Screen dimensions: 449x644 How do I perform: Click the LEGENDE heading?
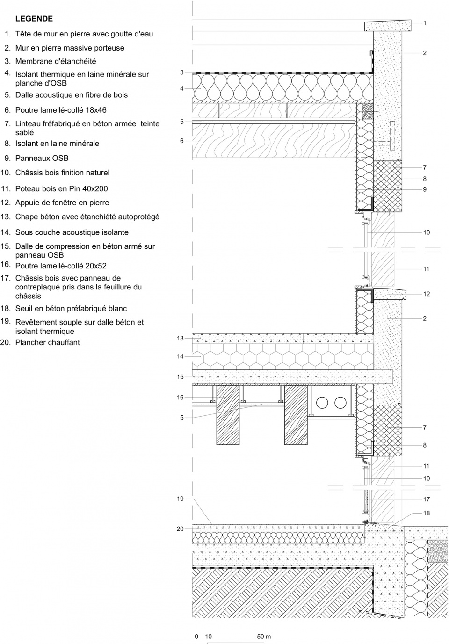coord(34,19)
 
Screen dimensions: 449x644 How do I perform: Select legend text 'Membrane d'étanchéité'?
coord(56,61)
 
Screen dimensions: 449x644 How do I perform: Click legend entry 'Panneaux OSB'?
coord(42,158)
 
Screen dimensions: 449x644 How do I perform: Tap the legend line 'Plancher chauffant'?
coord(48,342)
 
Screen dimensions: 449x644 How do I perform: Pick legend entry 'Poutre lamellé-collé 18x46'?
coord(61,110)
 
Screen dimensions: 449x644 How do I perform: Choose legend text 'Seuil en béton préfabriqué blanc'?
coord(71,309)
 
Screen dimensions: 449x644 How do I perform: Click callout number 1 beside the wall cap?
coord(425,23)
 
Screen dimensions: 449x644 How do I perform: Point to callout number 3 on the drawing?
coord(181,72)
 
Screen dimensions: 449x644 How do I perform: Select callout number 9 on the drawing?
coord(425,189)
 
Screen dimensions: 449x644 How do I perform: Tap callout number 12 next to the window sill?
coord(426,294)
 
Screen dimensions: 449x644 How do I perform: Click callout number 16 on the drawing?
coord(180,398)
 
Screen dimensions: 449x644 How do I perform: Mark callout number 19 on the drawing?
coord(180,499)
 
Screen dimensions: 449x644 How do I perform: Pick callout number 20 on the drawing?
coord(180,529)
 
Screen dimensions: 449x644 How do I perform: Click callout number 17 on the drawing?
coord(426,499)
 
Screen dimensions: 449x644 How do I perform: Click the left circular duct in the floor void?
coord(322,403)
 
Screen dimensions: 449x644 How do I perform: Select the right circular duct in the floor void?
coord(340,403)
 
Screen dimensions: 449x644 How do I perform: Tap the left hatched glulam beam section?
coord(228,415)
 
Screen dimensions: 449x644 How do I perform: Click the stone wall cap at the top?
coord(388,26)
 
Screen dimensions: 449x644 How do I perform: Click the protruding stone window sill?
coord(390,294)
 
